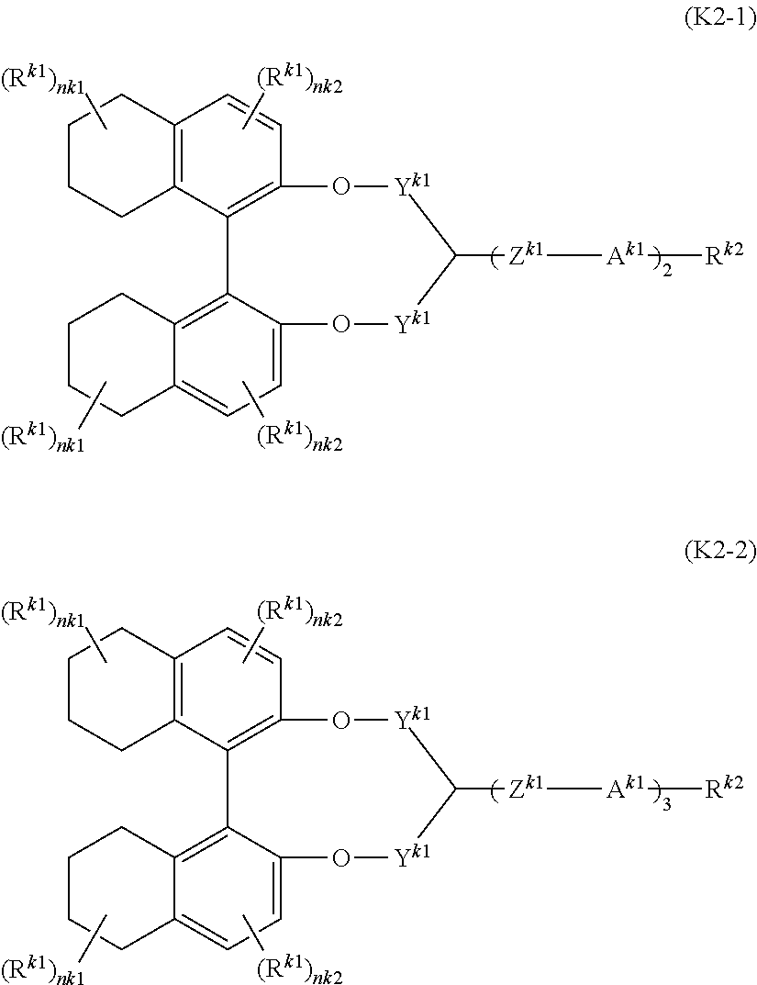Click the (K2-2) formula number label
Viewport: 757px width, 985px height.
pyautogui.click(x=719, y=552)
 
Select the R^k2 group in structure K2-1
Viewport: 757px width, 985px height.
pyautogui.click(x=724, y=256)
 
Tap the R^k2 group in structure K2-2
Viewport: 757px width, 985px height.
pyautogui.click(x=724, y=787)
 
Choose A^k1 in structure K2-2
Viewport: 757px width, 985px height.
pyautogui.click(x=624, y=787)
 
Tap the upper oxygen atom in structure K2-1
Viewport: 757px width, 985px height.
pyautogui.click(x=340, y=188)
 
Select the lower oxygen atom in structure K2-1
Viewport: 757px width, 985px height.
pyautogui.click(x=340, y=325)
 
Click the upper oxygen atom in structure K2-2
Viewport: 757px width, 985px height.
pyautogui.click(x=340, y=720)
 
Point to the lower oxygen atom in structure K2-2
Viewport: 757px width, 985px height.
pyautogui.click(x=340, y=857)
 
